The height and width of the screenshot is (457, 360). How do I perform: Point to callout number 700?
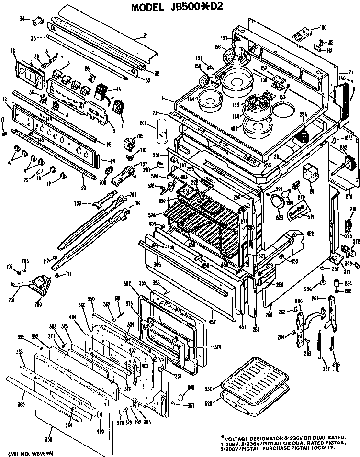pos(38,304)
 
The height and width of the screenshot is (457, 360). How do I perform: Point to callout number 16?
pos(13,50)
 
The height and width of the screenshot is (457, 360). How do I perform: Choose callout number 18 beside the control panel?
pos(5,99)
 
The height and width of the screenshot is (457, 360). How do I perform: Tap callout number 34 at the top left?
pos(22,19)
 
